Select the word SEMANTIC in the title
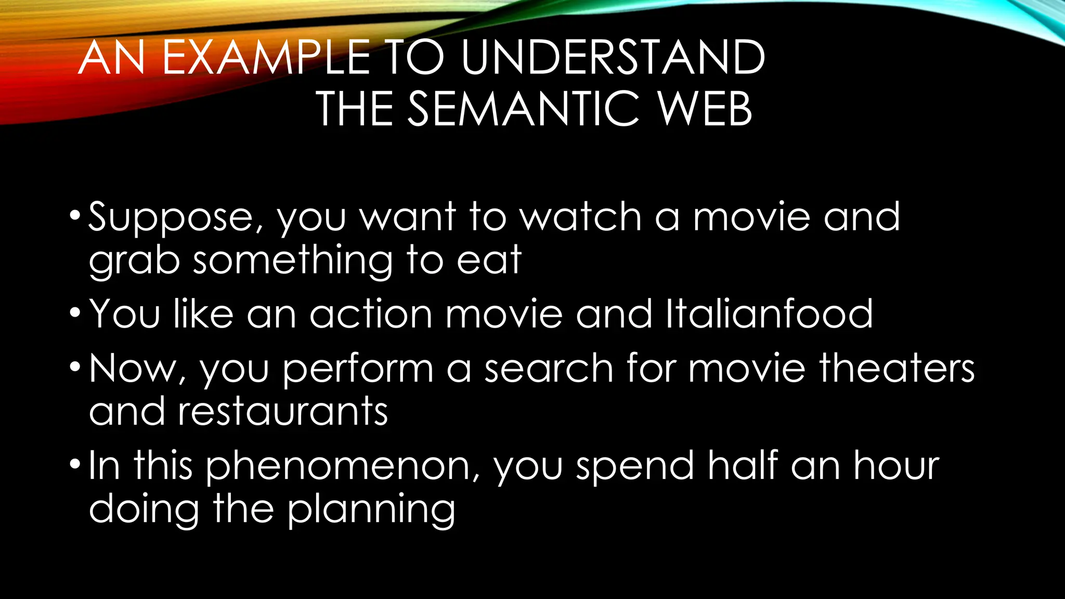click(523, 109)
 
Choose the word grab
click(134, 262)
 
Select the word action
click(371, 314)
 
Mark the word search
click(549, 368)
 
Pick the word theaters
click(897, 368)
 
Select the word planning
click(371, 510)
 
